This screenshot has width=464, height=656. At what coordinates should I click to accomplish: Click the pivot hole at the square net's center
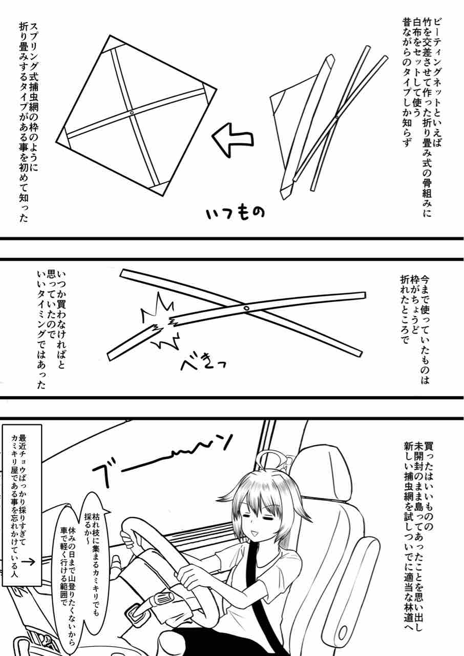132,113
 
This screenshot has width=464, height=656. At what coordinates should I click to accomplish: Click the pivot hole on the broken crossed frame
246,308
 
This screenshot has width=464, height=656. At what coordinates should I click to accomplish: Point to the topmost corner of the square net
110,35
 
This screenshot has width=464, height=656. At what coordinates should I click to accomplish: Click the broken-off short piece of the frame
134,341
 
